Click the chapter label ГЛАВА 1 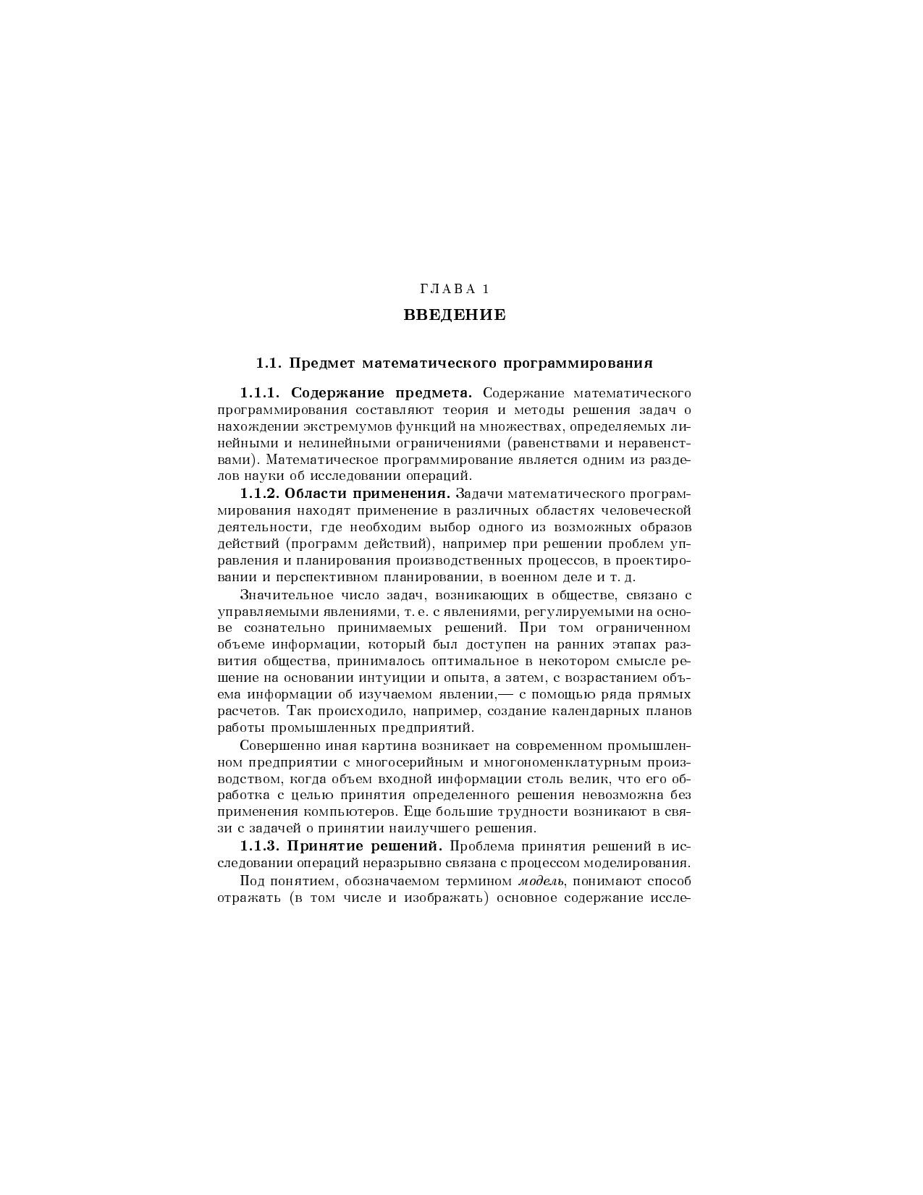[x=455, y=290]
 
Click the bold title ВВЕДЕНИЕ [x=455, y=316]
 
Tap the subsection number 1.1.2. [x=260, y=494]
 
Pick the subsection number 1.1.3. [x=260, y=845]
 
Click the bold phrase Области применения [x=368, y=494]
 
